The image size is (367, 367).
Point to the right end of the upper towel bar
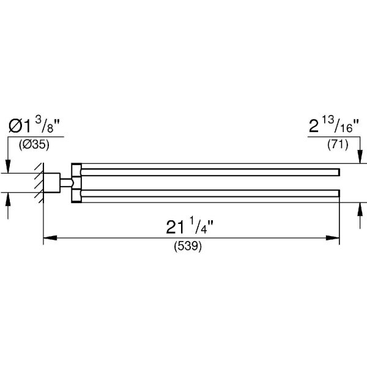point(338,171)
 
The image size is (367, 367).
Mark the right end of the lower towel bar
point(338,195)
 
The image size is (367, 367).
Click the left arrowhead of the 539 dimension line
point(46,238)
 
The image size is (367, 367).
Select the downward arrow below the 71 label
point(359,158)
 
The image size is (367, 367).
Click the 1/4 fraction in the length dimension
point(204,226)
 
